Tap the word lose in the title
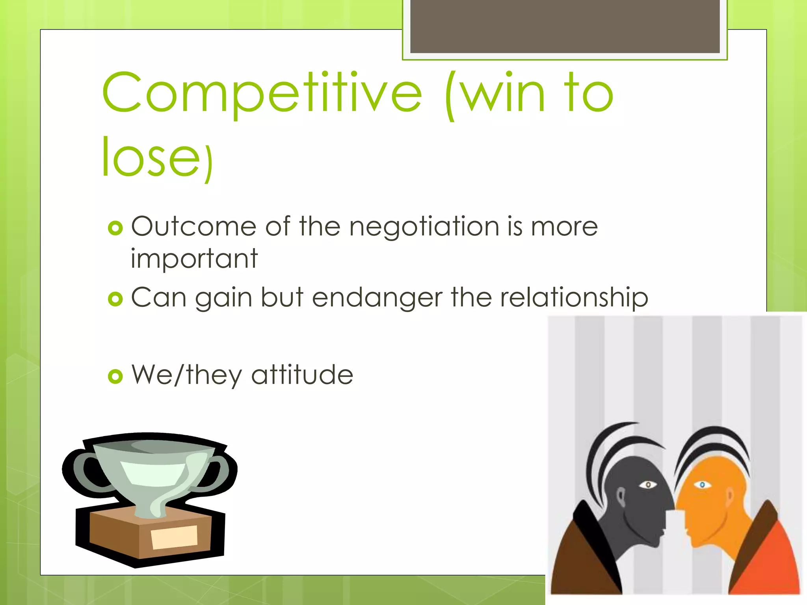click(x=152, y=157)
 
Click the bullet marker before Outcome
click(x=115, y=228)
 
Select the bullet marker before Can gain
click(x=115, y=299)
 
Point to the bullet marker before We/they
click(x=115, y=377)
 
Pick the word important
click(x=194, y=259)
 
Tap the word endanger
click(x=377, y=298)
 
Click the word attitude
click(x=302, y=375)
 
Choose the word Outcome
click(x=193, y=227)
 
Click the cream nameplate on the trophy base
click(x=174, y=537)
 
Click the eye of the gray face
click(x=647, y=485)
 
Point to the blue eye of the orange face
click(x=702, y=484)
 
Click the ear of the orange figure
click(x=730, y=497)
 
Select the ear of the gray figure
click(x=621, y=497)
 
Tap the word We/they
click(x=187, y=375)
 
